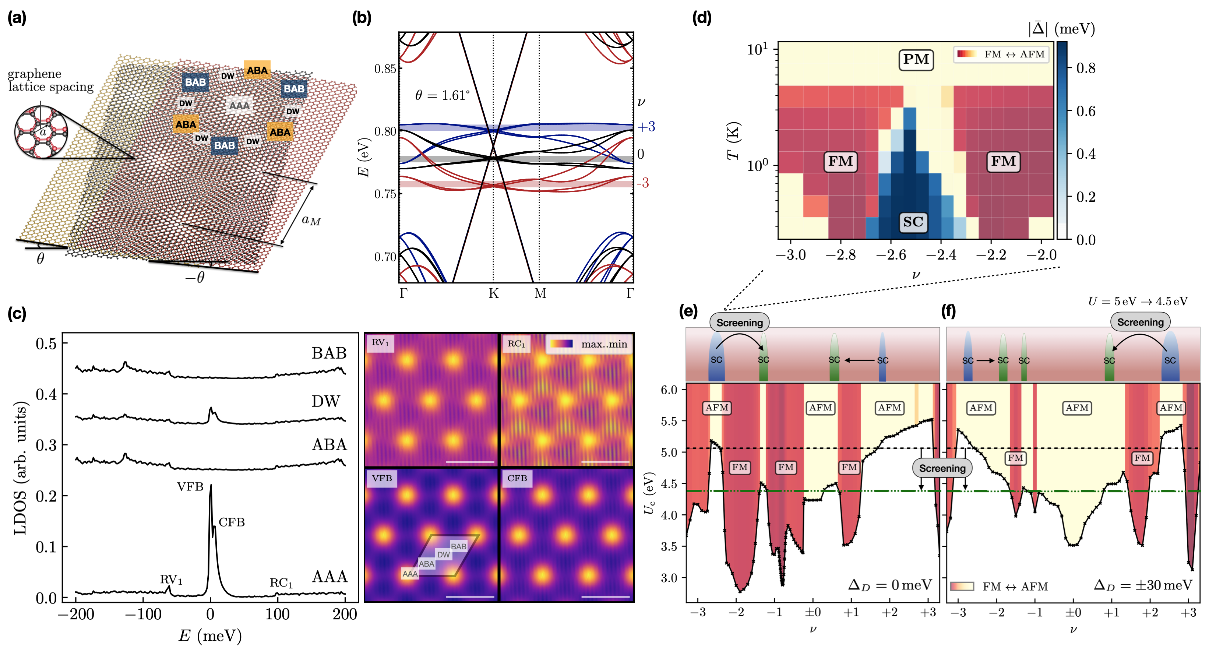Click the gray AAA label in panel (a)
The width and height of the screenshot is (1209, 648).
239,106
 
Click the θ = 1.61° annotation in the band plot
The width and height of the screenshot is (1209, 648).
442,95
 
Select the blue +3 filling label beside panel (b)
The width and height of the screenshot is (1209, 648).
646,127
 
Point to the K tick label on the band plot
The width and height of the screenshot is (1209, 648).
493,293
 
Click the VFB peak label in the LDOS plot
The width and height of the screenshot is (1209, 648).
190,487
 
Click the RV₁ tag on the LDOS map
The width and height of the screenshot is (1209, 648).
380,342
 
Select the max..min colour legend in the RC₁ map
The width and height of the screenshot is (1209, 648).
589,344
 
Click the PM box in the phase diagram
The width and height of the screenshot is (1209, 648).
916,60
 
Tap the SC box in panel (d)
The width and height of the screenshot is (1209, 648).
913,222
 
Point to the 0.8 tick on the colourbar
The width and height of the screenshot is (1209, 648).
1086,68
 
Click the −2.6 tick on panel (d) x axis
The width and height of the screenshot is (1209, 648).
890,255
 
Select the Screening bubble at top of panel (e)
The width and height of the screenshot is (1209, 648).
739,323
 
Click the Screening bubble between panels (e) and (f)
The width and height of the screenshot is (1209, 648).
942,468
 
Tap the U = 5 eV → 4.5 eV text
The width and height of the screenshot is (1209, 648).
1138,301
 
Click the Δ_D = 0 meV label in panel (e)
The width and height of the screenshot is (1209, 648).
890,585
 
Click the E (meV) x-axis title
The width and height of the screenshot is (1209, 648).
210,635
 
